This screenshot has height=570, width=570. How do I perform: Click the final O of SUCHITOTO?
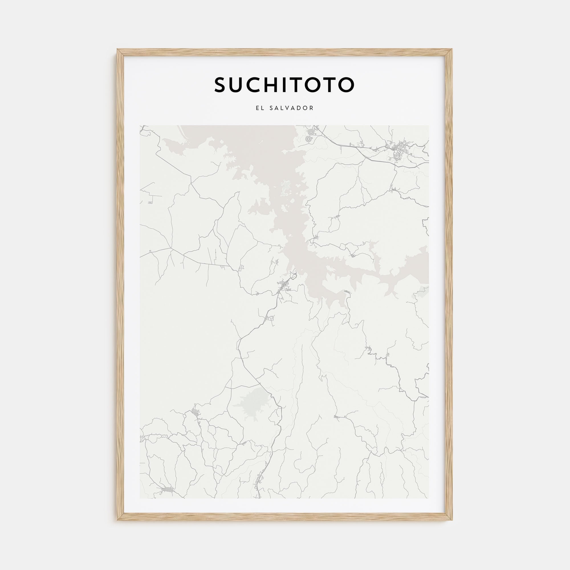tap(346, 85)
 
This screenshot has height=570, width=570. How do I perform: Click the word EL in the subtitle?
tap(260, 108)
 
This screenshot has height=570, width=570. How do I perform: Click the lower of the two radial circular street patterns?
tap(310, 139)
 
